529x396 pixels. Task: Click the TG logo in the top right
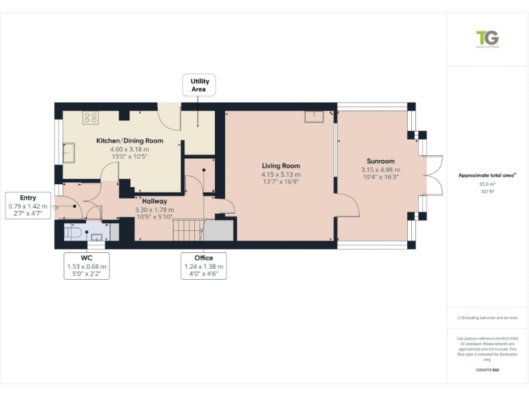(x=488, y=38)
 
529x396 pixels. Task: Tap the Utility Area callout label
(x=199, y=85)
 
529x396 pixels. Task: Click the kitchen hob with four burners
(x=90, y=117)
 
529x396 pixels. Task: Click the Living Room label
(x=281, y=166)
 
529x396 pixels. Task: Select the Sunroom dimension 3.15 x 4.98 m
(x=380, y=170)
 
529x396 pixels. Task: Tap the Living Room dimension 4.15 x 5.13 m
(x=281, y=175)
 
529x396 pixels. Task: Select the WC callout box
(x=87, y=265)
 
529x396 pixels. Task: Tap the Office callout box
(x=204, y=265)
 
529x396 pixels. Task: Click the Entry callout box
(x=28, y=206)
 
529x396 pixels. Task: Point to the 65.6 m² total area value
(x=488, y=184)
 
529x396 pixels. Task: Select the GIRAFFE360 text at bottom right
(x=487, y=370)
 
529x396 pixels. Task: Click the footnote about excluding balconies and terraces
(x=488, y=318)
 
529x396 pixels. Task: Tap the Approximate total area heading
(x=486, y=175)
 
